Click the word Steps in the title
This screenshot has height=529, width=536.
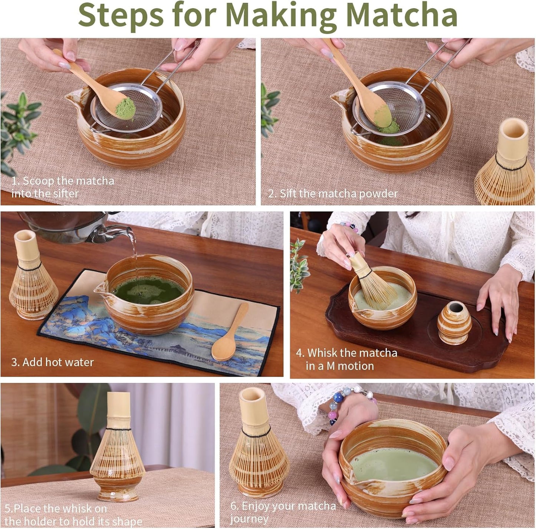pos(121,16)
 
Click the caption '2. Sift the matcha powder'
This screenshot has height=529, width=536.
pos(333,194)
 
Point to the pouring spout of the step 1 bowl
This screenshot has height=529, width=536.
pos(74,99)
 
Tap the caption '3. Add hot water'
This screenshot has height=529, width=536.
pos(52,362)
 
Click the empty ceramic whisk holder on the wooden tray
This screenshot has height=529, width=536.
pos(454,323)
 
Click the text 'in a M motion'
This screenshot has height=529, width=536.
pos(339,366)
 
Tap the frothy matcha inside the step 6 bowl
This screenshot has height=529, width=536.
pos(393,463)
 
